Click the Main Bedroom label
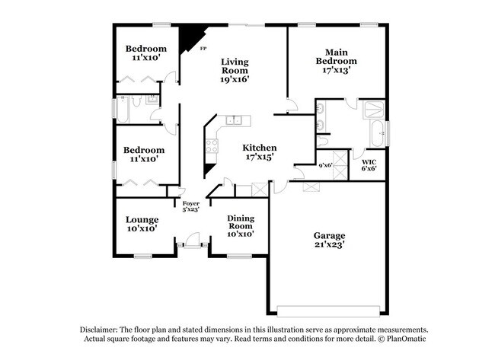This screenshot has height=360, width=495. click(x=337, y=56)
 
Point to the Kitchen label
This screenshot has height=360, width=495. click(x=260, y=148)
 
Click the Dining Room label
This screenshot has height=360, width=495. click(x=240, y=222)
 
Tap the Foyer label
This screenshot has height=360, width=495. click(x=190, y=203)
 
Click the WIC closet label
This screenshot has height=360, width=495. click(x=369, y=162)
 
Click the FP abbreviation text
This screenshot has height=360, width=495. click(x=203, y=49)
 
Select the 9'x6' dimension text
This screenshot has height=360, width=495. click(x=325, y=164)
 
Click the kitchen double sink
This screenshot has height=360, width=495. click(x=234, y=121)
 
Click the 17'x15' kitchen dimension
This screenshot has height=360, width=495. click(x=260, y=158)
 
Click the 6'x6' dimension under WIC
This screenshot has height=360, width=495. click(x=369, y=169)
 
